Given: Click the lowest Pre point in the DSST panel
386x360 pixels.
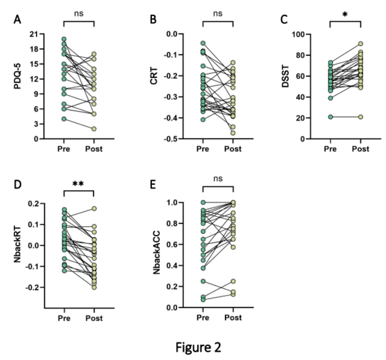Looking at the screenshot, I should coord(331,117).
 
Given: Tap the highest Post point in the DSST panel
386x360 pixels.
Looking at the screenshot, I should coord(361,44).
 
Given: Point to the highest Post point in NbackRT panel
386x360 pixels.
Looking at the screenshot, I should coord(94,209).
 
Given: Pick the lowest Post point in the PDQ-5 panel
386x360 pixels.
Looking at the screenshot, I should coord(94,129).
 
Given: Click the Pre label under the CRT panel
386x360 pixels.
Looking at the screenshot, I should coord(202,149).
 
